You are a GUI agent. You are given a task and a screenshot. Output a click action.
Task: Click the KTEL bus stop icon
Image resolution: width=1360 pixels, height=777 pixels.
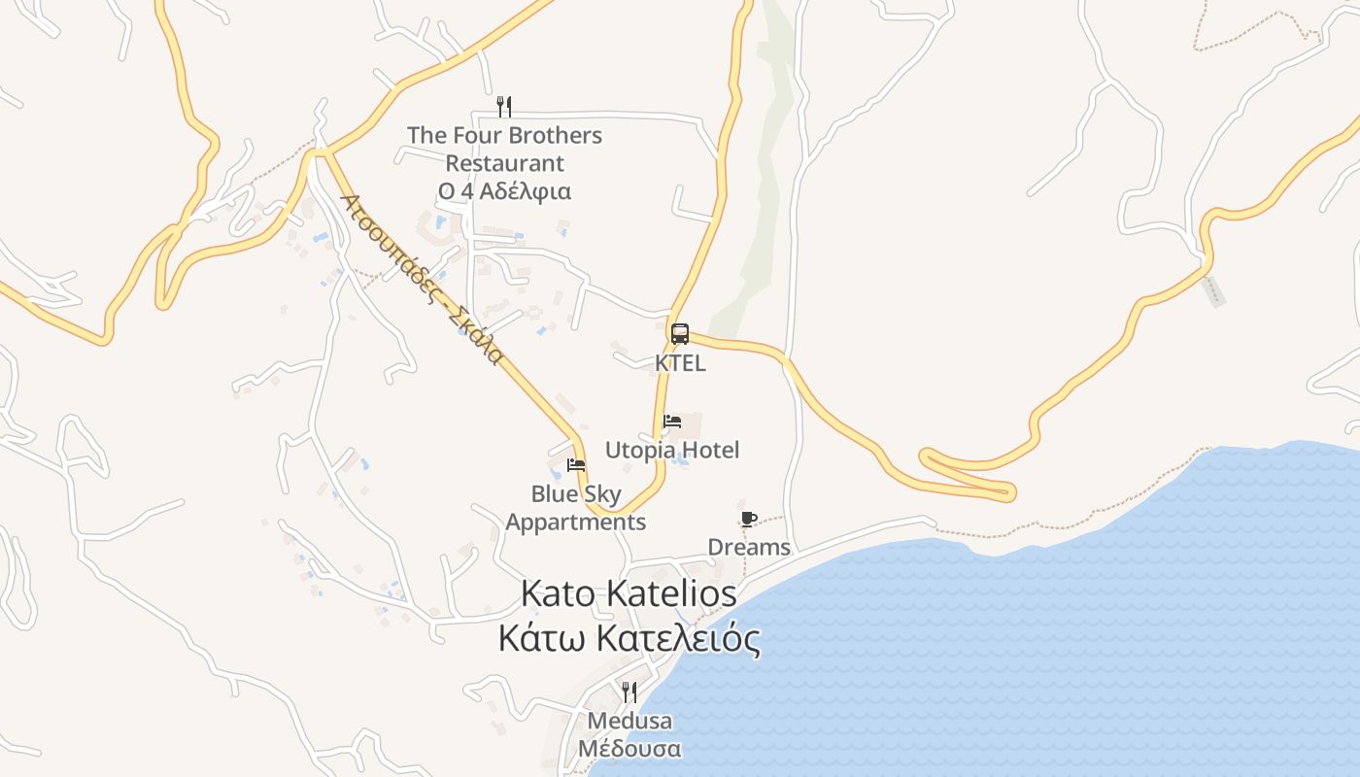(680, 334)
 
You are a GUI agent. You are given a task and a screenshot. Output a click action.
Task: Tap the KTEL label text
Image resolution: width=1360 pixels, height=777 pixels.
(680, 363)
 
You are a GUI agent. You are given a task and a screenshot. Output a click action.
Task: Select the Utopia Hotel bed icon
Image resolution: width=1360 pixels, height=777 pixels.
(672, 422)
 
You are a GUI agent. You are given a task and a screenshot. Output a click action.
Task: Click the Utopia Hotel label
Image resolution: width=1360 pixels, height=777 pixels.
(672, 450)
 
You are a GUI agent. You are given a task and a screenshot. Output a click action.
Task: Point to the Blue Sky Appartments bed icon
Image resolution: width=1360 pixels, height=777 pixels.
(576, 464)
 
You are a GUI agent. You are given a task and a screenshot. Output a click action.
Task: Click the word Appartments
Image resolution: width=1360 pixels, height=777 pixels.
(576, 523)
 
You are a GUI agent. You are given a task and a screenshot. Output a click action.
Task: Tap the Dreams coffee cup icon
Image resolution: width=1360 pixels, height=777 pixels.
(748, 519)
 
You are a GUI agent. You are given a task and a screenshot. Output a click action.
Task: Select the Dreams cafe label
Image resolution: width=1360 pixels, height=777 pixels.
(749, 547)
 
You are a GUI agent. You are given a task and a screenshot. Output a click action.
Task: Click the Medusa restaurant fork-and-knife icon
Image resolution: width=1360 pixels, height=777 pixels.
(629, 692)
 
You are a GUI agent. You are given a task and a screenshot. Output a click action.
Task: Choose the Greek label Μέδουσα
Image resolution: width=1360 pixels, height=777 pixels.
(629, 750)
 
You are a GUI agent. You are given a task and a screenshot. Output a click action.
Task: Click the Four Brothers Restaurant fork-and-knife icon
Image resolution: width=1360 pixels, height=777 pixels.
(504, 106)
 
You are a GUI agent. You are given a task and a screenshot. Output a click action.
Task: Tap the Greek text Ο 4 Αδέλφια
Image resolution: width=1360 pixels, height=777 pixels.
(504, 191)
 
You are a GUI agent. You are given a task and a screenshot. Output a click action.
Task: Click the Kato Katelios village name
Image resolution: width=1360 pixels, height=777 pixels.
(629, 592)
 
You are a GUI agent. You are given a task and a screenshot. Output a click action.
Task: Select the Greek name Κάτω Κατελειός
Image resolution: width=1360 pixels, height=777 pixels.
(629, 639)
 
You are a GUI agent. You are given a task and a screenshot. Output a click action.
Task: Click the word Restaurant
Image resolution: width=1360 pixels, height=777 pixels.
(504, 163)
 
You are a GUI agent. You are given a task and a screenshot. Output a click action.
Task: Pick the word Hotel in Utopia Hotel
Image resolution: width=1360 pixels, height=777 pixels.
(708, 450)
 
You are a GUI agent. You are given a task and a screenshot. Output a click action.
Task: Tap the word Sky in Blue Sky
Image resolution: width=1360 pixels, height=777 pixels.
(602, 494)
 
